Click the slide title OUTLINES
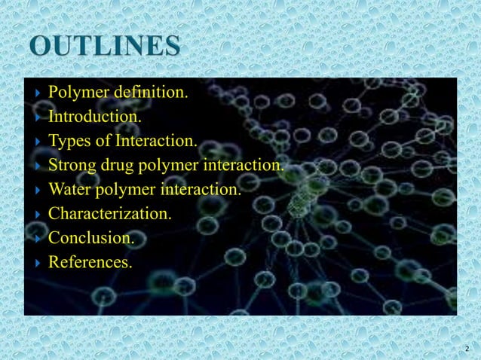coord(106,47)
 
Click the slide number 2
coord(467,349)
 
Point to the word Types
coord(68,141)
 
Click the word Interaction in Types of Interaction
coord(158,141)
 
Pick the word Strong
coord(70,166)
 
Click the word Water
coord(69,190)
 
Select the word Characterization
coord(109,214)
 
